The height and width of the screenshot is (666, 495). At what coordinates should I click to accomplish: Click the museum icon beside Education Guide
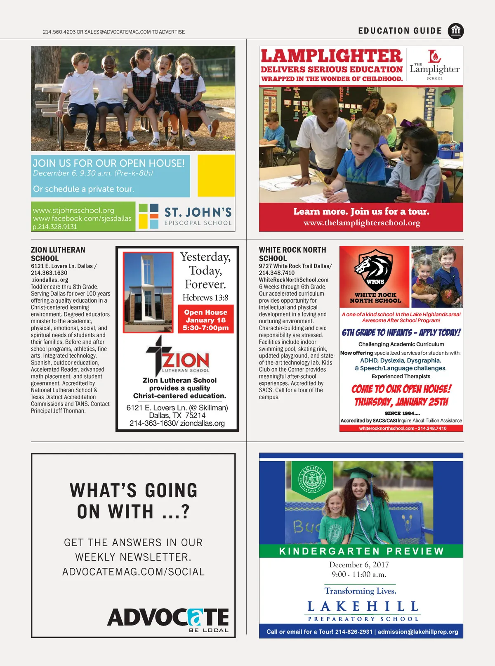tap(455, 31)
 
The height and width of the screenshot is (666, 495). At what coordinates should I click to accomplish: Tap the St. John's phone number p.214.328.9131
tap(55, 227)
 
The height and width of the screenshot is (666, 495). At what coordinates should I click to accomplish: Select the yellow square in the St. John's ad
tap(216, 175)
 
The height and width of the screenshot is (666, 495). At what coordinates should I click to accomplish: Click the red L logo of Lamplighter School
tap(434, 56)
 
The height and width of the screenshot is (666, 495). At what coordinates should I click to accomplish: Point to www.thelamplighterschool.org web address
tap(362, 223)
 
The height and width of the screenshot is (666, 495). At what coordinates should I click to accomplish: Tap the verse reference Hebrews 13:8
tap(205, 297)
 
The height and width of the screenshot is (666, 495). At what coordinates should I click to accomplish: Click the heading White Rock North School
tap(292, 254)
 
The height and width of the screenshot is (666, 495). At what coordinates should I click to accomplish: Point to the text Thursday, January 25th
tap(401, 402)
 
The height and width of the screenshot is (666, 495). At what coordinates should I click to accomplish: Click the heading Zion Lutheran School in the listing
tap(58, 254)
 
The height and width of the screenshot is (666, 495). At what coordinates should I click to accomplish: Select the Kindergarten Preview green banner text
tap(361, 551)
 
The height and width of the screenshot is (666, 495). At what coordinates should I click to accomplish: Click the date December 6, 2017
tap(359, 565)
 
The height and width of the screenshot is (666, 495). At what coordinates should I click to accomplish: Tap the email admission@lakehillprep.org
tap(418, 632)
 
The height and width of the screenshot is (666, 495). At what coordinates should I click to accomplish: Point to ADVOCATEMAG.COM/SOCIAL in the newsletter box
tap(133, 572)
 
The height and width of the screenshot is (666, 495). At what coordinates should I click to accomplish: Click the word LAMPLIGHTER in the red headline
tap(331, 56)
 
